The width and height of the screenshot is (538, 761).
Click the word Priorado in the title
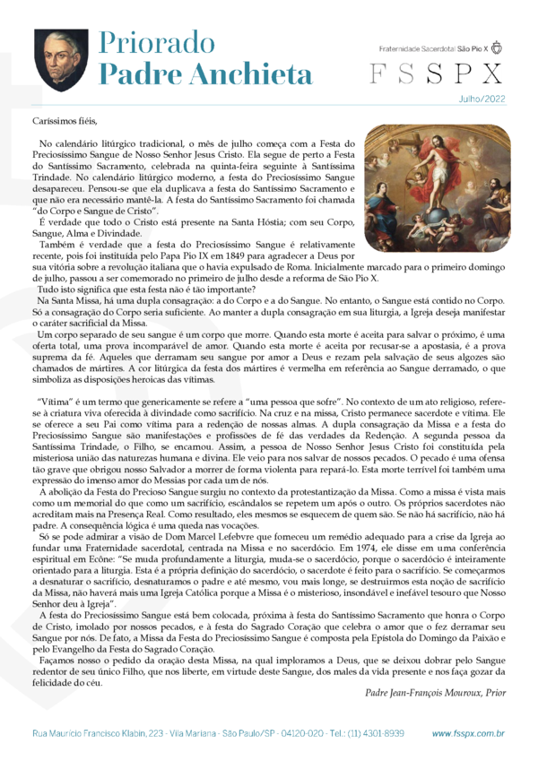point(152,42)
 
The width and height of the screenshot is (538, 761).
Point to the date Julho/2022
point(481,101)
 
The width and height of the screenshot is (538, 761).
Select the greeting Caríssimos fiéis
point(63,120)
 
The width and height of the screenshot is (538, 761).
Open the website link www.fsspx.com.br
point(467,733)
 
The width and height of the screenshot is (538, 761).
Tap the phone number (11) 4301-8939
point(376,733)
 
